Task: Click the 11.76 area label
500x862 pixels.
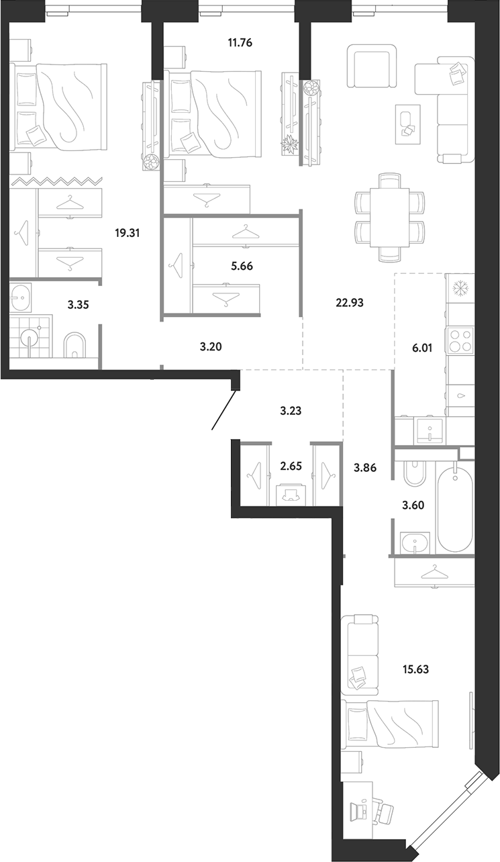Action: (x=240, y=43)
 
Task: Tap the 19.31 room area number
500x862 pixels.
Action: (x=128, y=233)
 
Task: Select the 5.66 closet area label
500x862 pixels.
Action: (x=242, y=266)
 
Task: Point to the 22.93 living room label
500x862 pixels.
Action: (x=350, y=303)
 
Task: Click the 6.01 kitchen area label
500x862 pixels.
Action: (x=422, y=348)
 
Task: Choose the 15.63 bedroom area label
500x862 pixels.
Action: (x=415, y=669)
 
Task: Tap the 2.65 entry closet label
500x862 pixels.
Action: (x=291, y=466)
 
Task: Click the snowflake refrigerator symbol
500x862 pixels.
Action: (x=459, y=289)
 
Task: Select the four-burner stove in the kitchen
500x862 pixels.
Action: (x=461, y=340)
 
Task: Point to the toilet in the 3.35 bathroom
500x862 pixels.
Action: (x=74, y=344)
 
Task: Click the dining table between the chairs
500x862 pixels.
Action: (x=389, y=218)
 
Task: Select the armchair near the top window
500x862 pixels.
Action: (x=372, y=66)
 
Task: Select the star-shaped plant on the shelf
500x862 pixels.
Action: (x=291, y=146)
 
